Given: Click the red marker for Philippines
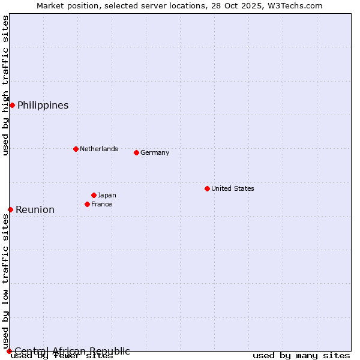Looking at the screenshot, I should [12, 106].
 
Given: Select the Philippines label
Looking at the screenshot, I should [43, 106].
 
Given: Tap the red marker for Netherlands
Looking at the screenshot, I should [76, 149].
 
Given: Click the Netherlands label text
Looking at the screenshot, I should [98, 149].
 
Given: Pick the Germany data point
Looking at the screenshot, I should [136, 152].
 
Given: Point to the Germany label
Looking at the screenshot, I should [155, 152].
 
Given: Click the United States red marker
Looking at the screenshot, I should [207, 188].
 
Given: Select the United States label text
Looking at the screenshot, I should [232, 188].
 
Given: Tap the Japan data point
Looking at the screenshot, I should [94, 195].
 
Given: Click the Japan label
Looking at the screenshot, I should [107, 195].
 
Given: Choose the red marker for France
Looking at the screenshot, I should [87, 204].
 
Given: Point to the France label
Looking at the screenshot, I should [101, 204].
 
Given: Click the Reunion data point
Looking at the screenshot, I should [10, 209].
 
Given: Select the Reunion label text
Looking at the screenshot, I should [35, 209].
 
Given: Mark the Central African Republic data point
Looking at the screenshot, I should [9, 351].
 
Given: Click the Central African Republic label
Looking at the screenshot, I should [72, 351].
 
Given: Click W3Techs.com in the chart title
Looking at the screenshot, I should [295, 5].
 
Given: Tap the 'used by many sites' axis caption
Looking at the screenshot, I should [301, 356].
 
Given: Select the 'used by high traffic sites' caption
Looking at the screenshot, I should [5, 86].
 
